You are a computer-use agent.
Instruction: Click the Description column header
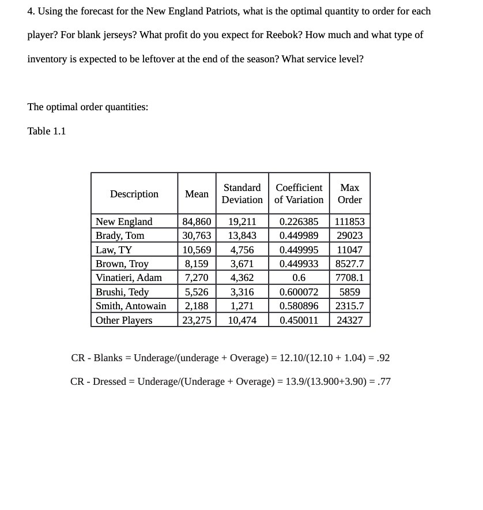tap(134, 194)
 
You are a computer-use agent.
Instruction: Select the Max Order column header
tap(349, 194)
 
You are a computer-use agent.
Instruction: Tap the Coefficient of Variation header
tap(299, 194)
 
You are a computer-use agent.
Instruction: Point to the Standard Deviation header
tap(242, 194)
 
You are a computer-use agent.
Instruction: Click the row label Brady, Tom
tap(120, 235)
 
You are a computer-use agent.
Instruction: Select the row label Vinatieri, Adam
tap(129, 277)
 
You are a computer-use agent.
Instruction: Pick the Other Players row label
tap(124, 320)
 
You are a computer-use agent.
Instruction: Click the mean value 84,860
tap(197, 222)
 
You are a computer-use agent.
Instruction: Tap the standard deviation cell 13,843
tap(242, 235)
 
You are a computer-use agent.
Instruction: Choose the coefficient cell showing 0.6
tap(299, 277)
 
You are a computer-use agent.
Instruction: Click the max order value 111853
tap(349, 222)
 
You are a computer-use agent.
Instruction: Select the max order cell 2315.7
tap(349, 306)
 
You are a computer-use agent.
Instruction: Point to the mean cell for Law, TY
tap(197, 250)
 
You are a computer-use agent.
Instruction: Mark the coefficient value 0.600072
tap(299, 292)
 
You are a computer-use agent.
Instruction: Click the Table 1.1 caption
tap(47, 131)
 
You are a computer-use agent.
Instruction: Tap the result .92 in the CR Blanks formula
tap(382, 358)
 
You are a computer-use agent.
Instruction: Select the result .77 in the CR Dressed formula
tap(383, 381)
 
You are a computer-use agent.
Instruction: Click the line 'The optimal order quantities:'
tap(88, 107)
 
